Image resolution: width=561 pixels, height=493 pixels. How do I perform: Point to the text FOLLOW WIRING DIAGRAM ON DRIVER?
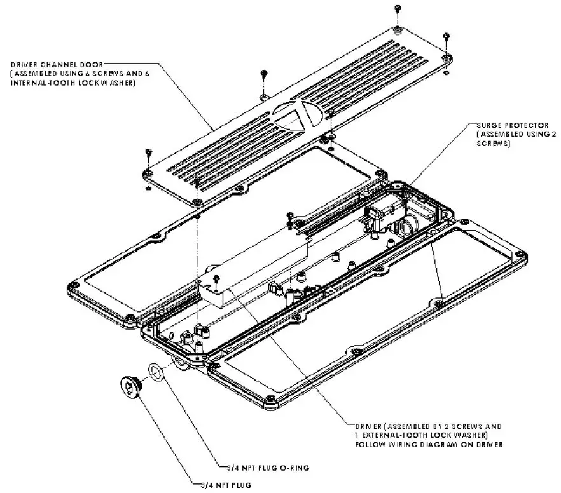429,445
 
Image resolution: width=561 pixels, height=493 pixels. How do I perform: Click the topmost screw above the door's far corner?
398,10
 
